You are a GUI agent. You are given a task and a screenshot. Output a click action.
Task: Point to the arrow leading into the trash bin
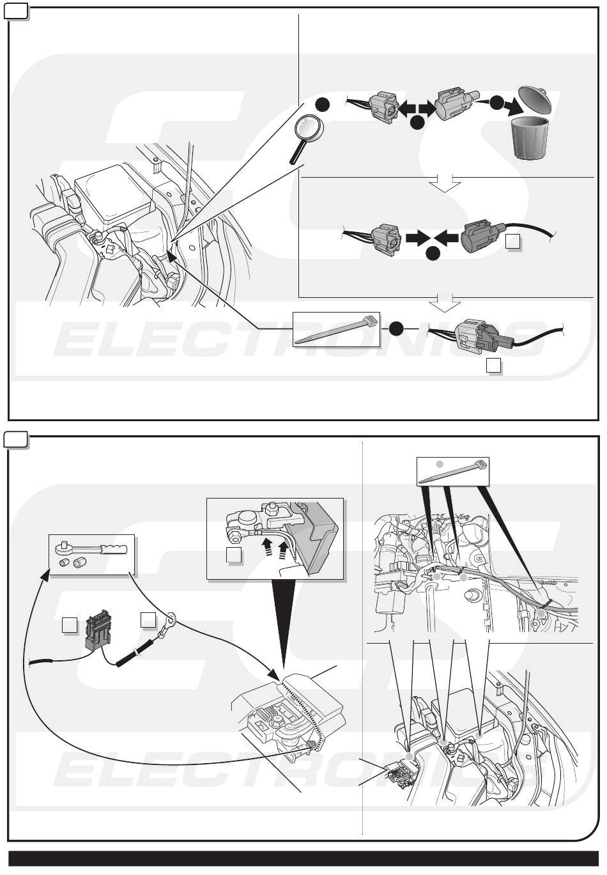(503, 105)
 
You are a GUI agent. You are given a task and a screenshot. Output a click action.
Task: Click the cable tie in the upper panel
(336, 329)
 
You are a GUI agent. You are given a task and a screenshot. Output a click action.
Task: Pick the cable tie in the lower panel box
(453, 471)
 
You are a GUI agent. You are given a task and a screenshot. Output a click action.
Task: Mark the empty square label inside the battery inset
(234, 555)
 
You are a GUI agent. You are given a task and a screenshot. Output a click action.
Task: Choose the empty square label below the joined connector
(494, 366)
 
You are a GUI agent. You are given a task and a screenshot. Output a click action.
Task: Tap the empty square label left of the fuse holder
(69, 626)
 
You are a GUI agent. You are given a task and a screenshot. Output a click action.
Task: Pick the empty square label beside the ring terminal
(148, 619)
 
